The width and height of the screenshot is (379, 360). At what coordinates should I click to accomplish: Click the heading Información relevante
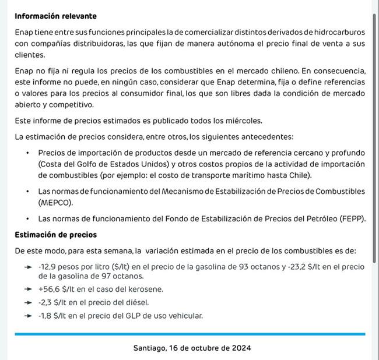[x=56, y=16]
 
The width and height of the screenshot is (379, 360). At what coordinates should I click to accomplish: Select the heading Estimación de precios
[x=56, y=235]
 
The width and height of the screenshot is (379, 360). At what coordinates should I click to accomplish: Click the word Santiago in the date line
[x=149, y=348]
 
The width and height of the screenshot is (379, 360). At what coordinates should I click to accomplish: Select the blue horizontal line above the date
[x=189, y=334]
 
